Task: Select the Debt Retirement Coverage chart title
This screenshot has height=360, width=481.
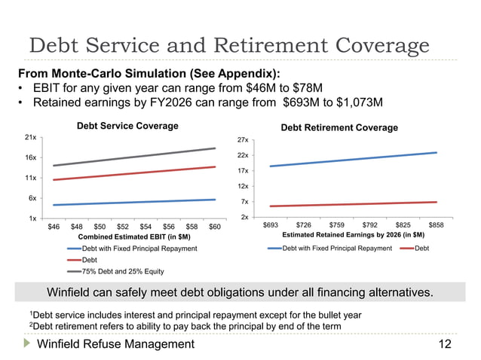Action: (339, 128)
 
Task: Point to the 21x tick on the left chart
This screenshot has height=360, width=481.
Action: (31, 138)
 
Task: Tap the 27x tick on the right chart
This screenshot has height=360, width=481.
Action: (244, 141)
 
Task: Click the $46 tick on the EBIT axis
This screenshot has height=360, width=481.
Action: (54, 226)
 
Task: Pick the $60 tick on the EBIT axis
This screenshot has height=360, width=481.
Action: (214, 226)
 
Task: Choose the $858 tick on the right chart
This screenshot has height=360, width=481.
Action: (436, 225)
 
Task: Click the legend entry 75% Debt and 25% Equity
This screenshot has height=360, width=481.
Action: (122, 271)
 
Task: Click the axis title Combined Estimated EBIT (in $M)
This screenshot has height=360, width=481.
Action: (134, 236)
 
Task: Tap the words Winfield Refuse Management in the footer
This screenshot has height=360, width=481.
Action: (115, 345)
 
